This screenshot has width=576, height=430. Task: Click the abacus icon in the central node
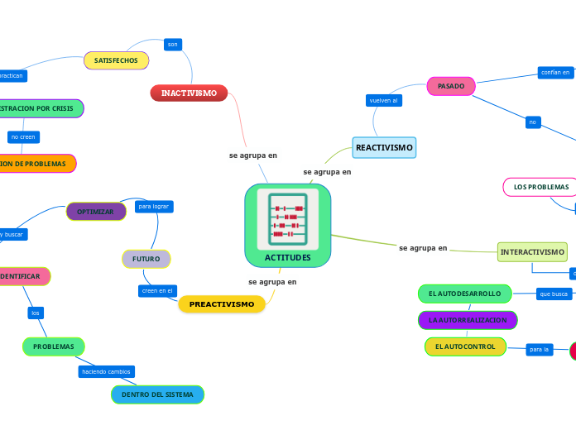[x=287, y=219]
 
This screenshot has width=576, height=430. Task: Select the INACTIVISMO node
[x=189, y=93]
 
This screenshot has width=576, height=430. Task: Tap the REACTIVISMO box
[x=384, y=148]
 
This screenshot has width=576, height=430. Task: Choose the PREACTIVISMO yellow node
[x=222, y=304]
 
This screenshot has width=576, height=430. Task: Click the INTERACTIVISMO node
[x=532, y=252]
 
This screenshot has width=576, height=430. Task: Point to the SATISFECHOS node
[x=116, y=61]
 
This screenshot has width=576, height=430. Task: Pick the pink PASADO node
[x=451, y=86]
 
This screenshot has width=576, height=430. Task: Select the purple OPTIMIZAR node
[x=96, y=212]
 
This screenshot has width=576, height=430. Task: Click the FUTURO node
[x=146, y=260]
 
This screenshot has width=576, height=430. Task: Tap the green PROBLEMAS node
[x=54, y=346]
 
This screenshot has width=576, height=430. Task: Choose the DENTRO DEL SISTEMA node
[x=157, y=395]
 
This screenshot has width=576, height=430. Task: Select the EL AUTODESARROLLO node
[x=465, y=294]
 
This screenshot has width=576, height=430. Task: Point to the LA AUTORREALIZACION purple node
[x=468, y=320]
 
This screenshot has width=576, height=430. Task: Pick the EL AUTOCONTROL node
[x=465, y=346]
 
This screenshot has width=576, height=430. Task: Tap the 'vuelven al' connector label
[x=384, y=100]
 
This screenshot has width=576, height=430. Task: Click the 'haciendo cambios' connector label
[x=106, y=372]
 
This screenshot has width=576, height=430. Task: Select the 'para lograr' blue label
[x=154, y=206]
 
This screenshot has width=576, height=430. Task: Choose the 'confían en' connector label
[x=555, y=73]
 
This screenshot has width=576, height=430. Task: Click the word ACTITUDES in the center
[x=288, y=258]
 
